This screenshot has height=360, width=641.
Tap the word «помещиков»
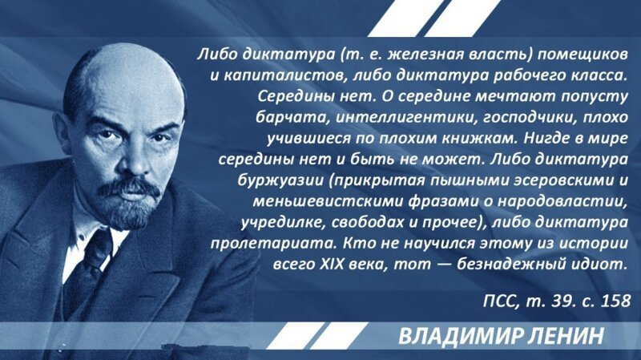tap(583, 55)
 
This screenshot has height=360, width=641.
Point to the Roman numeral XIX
tap(331, 265)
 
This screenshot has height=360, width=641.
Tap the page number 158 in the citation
tap(615, 301)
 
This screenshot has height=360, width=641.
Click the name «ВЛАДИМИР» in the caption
tap(460, 336)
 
